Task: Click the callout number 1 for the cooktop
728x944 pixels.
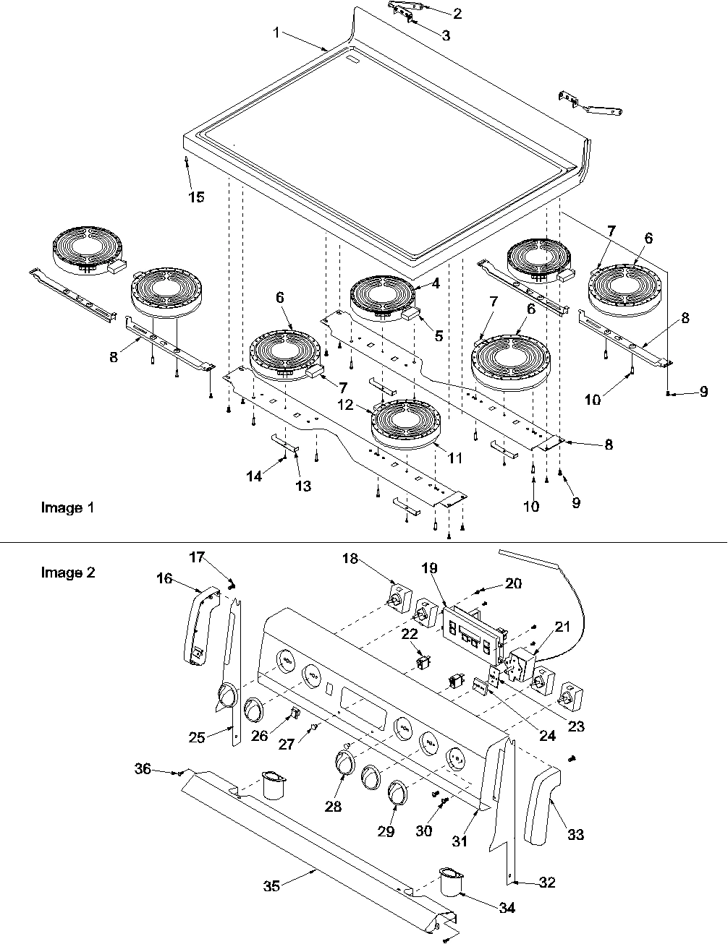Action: (276, 33)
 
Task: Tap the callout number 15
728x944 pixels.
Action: (196, 197)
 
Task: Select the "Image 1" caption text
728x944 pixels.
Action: (67, 507)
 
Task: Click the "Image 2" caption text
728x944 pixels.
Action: (67, 572)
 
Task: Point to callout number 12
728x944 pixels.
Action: (346, 405)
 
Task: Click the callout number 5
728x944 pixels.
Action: (439, 335)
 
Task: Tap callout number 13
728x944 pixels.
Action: (303, 486)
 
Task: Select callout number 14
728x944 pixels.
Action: (255, 476)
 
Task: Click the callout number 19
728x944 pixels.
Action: (430, 568)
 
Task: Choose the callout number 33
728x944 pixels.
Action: (575, 835)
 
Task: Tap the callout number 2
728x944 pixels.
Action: (457, 14)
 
